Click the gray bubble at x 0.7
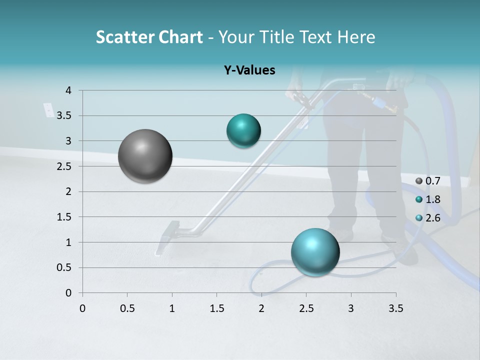(145, 156)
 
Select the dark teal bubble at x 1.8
(243, 131)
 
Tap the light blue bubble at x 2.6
(315, 252)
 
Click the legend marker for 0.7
(419, 181)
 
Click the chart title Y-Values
(249, 70)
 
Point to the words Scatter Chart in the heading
(149, 37)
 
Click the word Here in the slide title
(355, 37)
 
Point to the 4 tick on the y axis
(68, 90)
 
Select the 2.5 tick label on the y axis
(63, 166)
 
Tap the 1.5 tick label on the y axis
(63, 217)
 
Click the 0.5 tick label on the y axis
(63, 267)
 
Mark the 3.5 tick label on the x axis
(395, 308)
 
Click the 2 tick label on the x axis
(261, 308)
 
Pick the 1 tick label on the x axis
(172, 308)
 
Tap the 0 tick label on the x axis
(82, 308)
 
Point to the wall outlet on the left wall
(48, 109)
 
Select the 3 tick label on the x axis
(351, 308)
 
